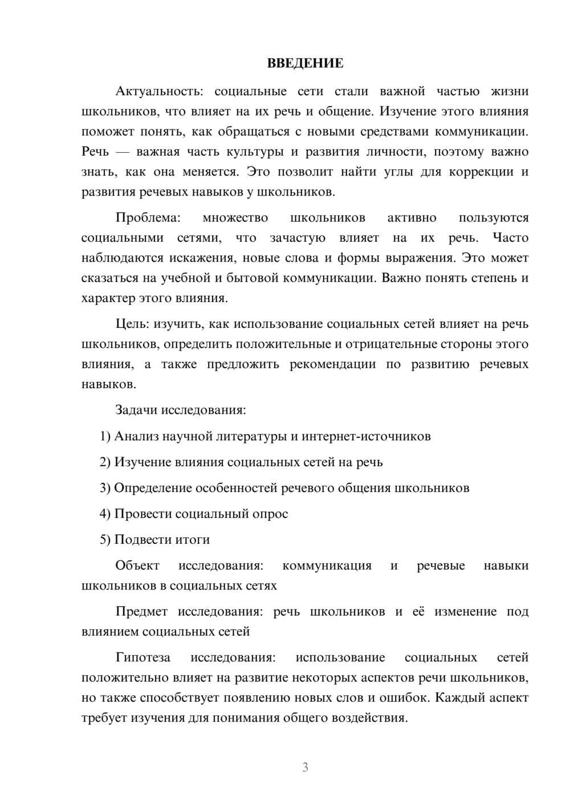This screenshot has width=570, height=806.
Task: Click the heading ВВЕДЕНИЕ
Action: (305, 63)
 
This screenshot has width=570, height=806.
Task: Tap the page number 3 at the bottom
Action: (305, 767)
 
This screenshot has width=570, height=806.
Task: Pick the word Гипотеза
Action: (142, 657)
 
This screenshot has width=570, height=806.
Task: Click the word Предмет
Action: (141, 612)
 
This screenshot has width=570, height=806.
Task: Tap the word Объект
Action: (137, 565)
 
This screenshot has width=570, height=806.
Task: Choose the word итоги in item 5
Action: (192, 540)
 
